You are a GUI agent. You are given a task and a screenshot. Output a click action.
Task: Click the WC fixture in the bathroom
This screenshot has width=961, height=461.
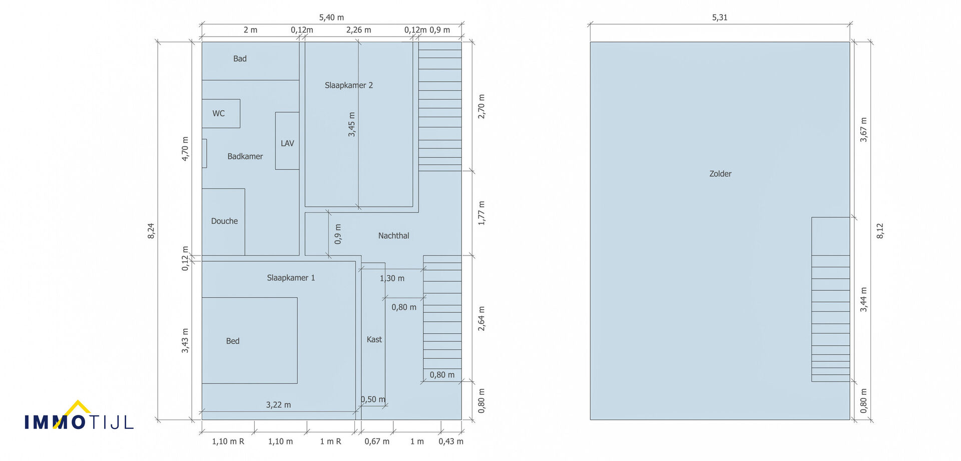coord(221,113)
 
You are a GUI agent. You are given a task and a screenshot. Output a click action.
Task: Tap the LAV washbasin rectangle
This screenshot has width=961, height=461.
coord(287,141)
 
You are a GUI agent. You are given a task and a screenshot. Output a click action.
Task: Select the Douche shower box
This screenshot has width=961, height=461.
coord(223,222)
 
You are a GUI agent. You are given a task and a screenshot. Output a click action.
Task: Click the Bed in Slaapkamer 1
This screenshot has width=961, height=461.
coord(249,341)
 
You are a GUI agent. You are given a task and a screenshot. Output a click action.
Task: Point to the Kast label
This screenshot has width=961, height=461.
coord(374,340)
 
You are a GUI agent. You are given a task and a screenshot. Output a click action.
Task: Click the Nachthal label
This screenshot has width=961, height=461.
coord(393,236)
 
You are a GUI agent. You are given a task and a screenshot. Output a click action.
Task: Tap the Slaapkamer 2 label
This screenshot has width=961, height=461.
coord(349,85)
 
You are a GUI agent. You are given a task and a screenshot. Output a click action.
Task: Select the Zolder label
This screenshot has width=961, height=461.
coord(720,174)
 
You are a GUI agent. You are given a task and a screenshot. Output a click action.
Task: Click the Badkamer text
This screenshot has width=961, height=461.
coord(245,156)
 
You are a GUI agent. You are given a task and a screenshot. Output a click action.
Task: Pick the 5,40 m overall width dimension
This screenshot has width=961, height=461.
coord(331,18)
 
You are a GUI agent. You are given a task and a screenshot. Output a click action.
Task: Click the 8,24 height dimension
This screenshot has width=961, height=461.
coord(151,231)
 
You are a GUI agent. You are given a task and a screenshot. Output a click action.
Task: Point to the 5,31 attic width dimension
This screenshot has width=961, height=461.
coord(720,18)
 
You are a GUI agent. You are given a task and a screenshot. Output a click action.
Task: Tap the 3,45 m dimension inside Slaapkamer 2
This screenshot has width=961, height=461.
coord(352,124)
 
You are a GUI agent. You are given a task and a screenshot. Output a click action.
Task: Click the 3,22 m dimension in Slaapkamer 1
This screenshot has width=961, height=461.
coord(278,405)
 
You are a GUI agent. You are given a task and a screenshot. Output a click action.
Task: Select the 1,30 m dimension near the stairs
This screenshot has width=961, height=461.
coord(392,278)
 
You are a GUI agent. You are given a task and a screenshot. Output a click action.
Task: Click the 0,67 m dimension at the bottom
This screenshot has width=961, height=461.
coord(377,441)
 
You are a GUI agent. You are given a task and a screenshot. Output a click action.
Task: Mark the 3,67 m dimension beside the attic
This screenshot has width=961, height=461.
coord(864,130)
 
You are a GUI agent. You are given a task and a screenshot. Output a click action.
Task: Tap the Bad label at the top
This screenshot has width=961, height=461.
coord(240,59)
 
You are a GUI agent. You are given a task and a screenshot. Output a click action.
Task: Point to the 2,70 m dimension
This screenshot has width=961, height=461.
coord(482,106)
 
